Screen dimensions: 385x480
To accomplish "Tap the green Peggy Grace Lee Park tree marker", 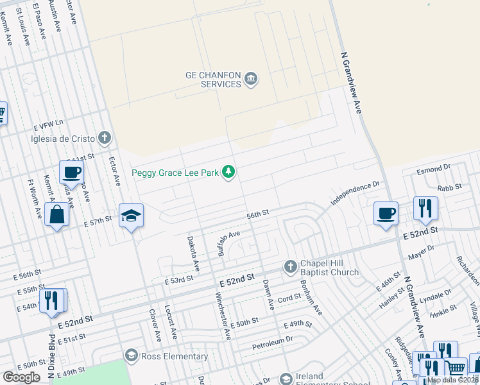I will tap(228, 172).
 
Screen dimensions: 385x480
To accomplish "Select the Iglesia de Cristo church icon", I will tap(105, 138).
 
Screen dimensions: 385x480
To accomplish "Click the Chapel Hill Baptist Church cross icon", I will tap(289, 266).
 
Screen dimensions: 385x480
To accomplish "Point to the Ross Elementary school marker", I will tap(132, 355).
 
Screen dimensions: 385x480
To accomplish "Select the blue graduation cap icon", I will tap(131, 216).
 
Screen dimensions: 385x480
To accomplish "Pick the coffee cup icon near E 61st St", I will tap(71, 172).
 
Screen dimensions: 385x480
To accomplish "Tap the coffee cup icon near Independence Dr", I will tap(386, 213).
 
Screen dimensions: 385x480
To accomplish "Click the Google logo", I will tap(21, 377).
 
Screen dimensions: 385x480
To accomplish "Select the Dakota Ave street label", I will tap(193, 246).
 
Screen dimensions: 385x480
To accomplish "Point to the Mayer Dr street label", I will tap(422, 250).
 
